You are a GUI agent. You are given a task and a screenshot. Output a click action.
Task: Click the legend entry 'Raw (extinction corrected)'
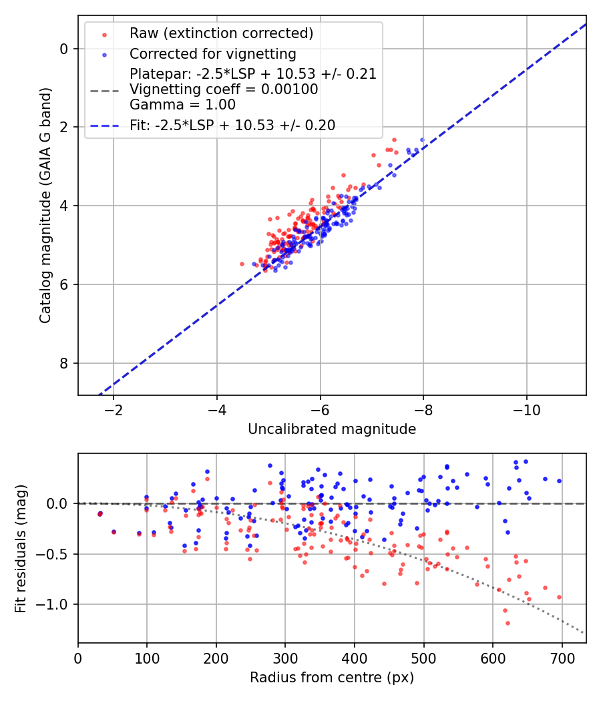(221, 33)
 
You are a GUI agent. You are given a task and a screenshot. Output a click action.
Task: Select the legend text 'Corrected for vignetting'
(213, 53)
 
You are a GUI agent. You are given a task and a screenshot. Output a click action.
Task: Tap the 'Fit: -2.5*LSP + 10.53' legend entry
(232, 125)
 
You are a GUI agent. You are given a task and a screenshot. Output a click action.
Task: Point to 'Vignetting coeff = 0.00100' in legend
(224, 89)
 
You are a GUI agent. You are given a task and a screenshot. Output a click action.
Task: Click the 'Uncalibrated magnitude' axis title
(332, 429)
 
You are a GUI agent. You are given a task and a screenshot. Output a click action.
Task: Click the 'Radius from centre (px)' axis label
(332, 678)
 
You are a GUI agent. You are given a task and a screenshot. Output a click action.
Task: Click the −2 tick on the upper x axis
(113, 408)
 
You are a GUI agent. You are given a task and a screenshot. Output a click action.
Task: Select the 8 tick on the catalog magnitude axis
(64, 363)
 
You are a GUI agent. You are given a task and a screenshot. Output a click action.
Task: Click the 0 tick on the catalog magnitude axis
(64, 49)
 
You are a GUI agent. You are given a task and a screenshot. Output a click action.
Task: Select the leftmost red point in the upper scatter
(242, 264)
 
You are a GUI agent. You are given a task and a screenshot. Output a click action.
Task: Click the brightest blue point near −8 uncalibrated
(422, 140)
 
